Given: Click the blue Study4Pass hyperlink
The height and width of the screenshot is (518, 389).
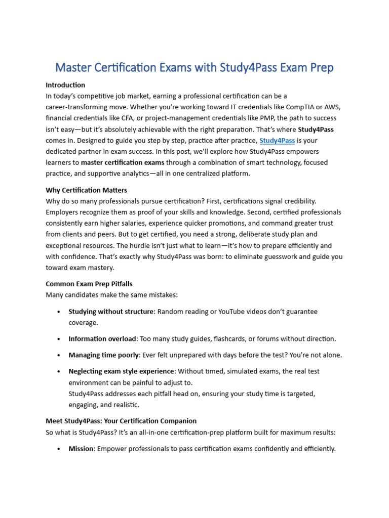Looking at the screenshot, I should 277,140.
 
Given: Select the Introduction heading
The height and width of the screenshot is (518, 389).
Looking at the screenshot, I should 65,84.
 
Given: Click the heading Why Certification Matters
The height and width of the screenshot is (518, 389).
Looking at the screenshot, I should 86,190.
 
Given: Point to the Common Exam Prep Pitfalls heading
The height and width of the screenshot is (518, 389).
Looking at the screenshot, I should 89,284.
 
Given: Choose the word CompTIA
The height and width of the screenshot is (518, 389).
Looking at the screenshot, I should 274,107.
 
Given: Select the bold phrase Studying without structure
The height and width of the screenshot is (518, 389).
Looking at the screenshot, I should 110,312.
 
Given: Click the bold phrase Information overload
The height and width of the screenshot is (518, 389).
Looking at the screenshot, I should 102,338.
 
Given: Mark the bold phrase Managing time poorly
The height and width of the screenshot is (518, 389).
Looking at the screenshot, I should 104,355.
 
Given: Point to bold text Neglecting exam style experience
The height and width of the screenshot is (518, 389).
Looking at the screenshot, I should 121,371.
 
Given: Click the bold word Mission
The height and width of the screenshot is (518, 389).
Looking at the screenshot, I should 81,449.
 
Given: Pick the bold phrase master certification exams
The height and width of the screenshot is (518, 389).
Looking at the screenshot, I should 122,162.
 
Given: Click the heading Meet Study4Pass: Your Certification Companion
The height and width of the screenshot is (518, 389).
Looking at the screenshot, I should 121,421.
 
